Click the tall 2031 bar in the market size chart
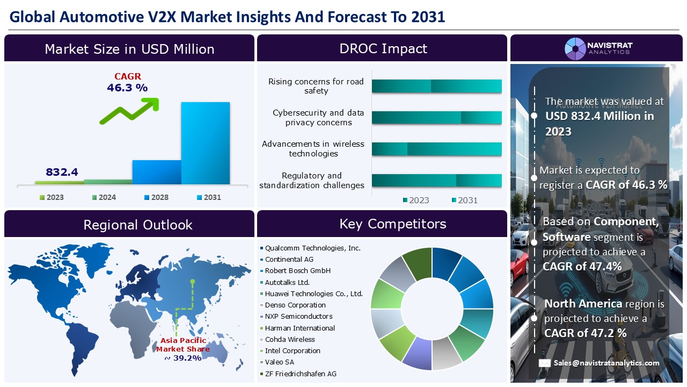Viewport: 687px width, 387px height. (206, 143)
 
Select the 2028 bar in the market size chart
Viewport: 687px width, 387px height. (157, 172)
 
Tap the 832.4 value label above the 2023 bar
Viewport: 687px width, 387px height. (62, 172)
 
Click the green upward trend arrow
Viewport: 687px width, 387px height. (129, 111)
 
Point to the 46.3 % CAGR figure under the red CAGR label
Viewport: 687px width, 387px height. (127, 88)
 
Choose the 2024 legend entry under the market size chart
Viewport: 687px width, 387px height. (104, 197)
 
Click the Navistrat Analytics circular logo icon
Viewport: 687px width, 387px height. (575, 49)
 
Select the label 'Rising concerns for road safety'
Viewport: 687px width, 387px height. (316, 86)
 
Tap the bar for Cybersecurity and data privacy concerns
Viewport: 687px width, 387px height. (437, 118)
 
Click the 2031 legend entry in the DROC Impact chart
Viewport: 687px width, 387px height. (465, 200)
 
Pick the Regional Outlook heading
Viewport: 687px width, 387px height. (138, 225)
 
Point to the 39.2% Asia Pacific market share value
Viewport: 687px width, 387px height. (183, 358)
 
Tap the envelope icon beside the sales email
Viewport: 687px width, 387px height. (545, 363)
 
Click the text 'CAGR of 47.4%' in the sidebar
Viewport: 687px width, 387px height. (582, 267)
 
